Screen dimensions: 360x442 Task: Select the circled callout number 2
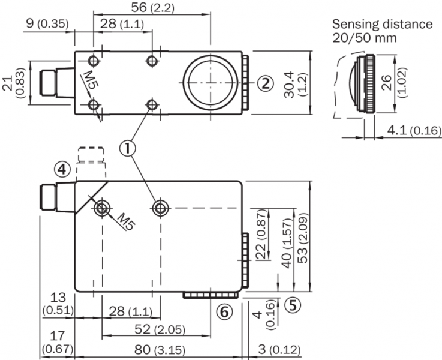coord(266,83)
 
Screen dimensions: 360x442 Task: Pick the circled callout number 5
coord(292,304)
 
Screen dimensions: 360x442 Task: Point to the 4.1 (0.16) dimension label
coord(414,130)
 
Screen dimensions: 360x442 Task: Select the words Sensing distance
coord(383,24)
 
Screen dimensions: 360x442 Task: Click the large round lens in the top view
coord(209,83)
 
